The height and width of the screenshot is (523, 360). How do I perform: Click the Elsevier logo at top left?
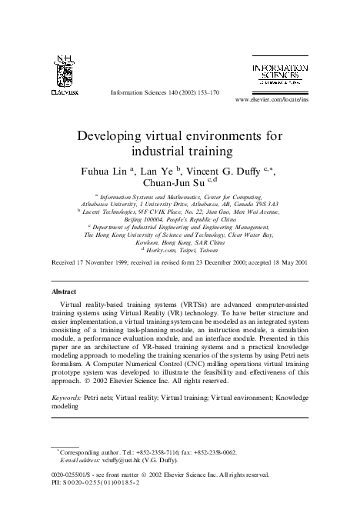tap(65, 74)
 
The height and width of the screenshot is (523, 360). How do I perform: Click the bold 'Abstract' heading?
tap(64, 293)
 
